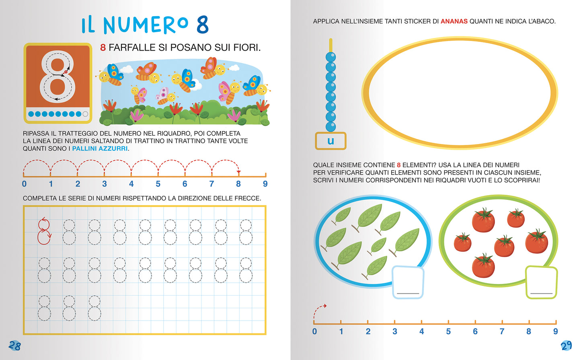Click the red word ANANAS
pos(454,21)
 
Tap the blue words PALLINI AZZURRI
pos(100,148)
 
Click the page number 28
pos(14,346)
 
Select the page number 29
pos(566,346)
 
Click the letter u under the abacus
pos(331,141)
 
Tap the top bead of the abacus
pos(331,57)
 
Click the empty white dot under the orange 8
pos(85,114)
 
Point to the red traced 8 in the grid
pos(44,231)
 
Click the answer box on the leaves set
pos(408,282)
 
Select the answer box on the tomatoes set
pos(541,282)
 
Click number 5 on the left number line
pos(158,184)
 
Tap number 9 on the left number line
pos(265,184)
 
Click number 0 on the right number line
pos(314,331)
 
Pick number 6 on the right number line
pos(475,331)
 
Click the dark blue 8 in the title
pos(203,25)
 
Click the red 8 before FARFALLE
pos(103,47)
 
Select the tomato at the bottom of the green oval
pos(483,265)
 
